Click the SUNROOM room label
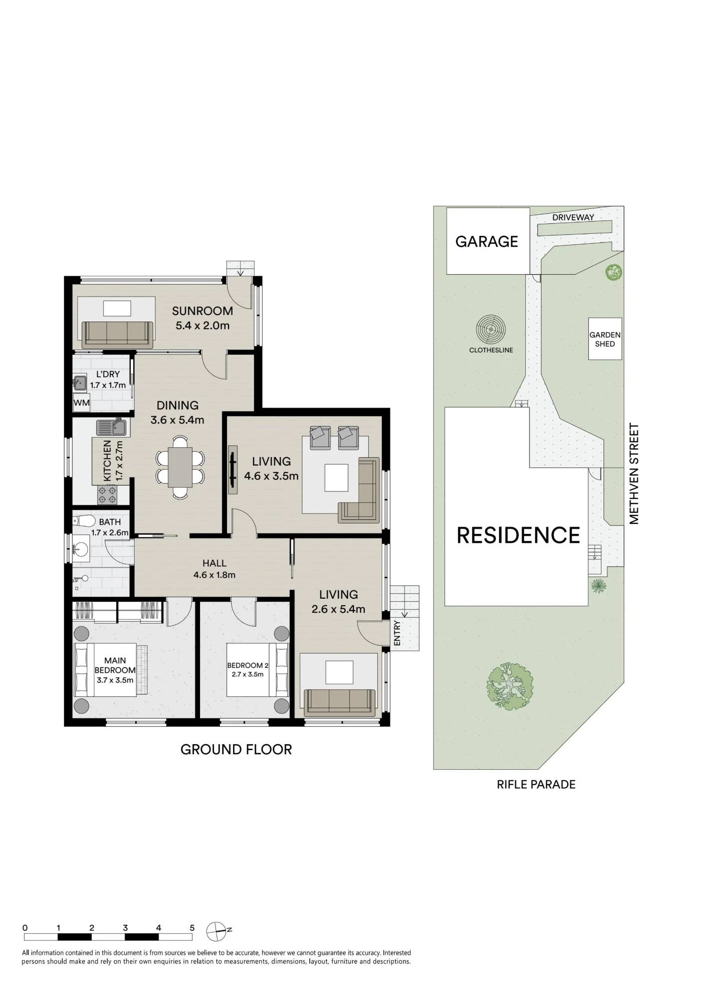point(202,311)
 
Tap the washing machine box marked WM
point(81,403)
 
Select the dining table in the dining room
point(180,467)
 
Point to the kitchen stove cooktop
point(107,495)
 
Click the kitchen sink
point(112,428)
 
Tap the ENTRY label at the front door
point(397,633)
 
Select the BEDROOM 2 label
point(248,665)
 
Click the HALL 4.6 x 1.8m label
point(215,569)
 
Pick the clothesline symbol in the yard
point(491,330)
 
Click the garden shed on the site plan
point(605,339)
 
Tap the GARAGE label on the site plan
point(487,242)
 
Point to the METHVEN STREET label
point(634,474)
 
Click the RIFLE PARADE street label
point(536,784)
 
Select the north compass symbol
point(217,931)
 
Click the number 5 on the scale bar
point(192,928)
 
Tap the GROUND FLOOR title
point(236,749)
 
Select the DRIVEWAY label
point(573,217)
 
